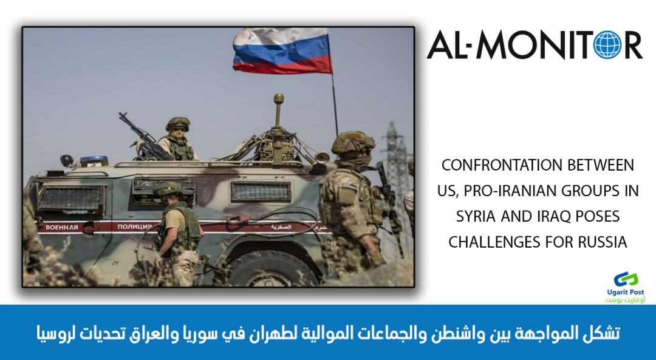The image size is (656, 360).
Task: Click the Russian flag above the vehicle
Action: coord(282,50)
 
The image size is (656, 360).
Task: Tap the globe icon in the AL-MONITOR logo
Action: coord(608,45)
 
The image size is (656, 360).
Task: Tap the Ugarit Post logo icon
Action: coord(626,280)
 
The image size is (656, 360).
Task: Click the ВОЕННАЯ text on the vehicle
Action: coord(61,228)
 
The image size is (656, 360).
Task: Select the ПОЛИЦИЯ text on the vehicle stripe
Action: coord(134,226)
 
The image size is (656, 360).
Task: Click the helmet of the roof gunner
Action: coord(178,123)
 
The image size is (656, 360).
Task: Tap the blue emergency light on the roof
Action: coord(94,160)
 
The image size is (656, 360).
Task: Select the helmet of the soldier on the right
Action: coord(353,143)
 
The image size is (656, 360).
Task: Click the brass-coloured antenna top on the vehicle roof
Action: coord(279,99)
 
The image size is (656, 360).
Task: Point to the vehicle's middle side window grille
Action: coord(164,187)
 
